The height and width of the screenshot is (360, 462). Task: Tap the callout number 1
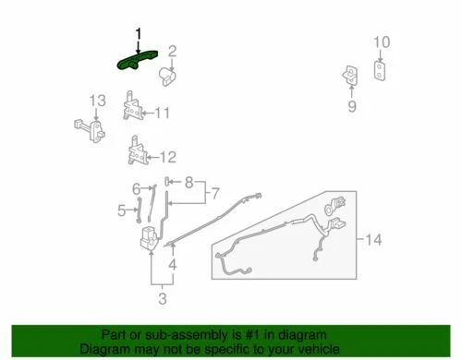click(x=139, y=34)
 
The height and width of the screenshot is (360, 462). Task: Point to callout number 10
click(x=383, y=42)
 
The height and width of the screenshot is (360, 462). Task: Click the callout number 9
click(x=352, y=106)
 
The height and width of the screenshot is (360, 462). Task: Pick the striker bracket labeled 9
click(x=352, y=75)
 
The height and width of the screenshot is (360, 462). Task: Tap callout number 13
click(x=97, y=100)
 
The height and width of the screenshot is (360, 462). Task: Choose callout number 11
click(x=163, y=114)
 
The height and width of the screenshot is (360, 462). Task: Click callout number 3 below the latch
click(x=163, y=297)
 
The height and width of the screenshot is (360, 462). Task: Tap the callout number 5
click(x=121, y=210)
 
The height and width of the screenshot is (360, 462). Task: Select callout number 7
click(x=215, y=195)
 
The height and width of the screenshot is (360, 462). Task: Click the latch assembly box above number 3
click(x=148, y=242)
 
